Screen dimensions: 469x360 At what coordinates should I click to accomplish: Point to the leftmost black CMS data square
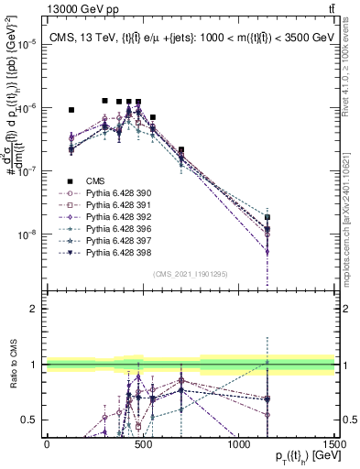71,110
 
